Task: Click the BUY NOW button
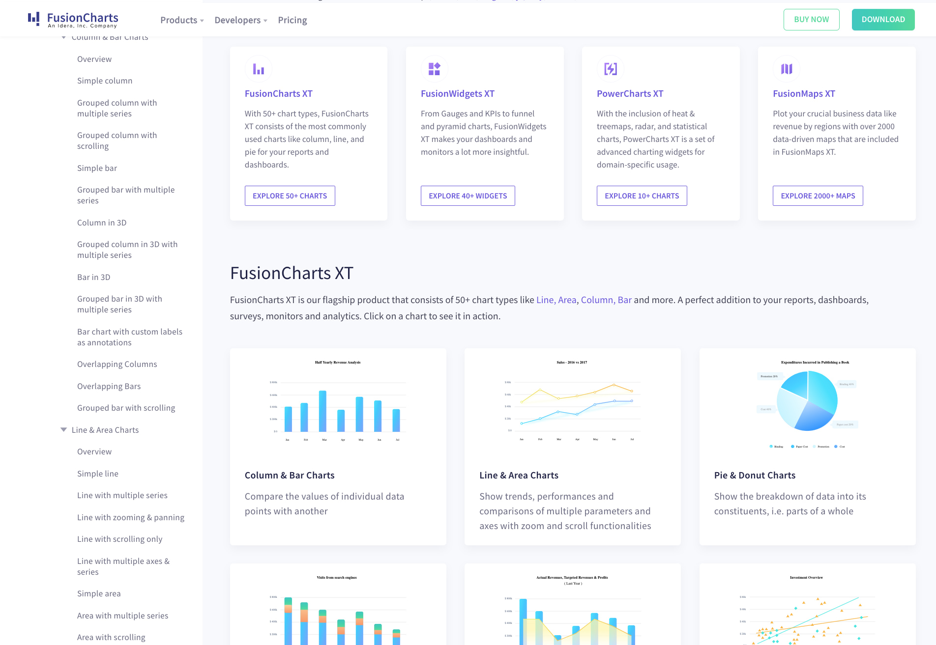click(x=811, y=20)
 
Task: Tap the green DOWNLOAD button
click(x=883, y=20)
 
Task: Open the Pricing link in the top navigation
click(x=292, y=20)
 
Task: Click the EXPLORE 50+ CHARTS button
click(x=290, y=196)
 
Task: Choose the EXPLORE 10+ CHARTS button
click(x=642, y=196)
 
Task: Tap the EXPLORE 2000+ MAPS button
click(x=818, y=196)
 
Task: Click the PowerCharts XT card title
click(x=630, y=94)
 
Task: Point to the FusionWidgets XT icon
click(x=434, y=69)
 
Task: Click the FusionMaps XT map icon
click(x=787, y=69)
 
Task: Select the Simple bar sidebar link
click(x=97, y=168)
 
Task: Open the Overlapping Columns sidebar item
click(x=117, y=364)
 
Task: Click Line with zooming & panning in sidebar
click(x=131, y=517)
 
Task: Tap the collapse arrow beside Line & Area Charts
click(x=63, y=430)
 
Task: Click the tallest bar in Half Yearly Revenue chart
click(x=322, y=411)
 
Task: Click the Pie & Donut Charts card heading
click(x=755, y=475)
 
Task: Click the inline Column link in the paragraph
click(x=597, y=300)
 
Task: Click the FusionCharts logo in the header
click(x=73, y=20)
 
